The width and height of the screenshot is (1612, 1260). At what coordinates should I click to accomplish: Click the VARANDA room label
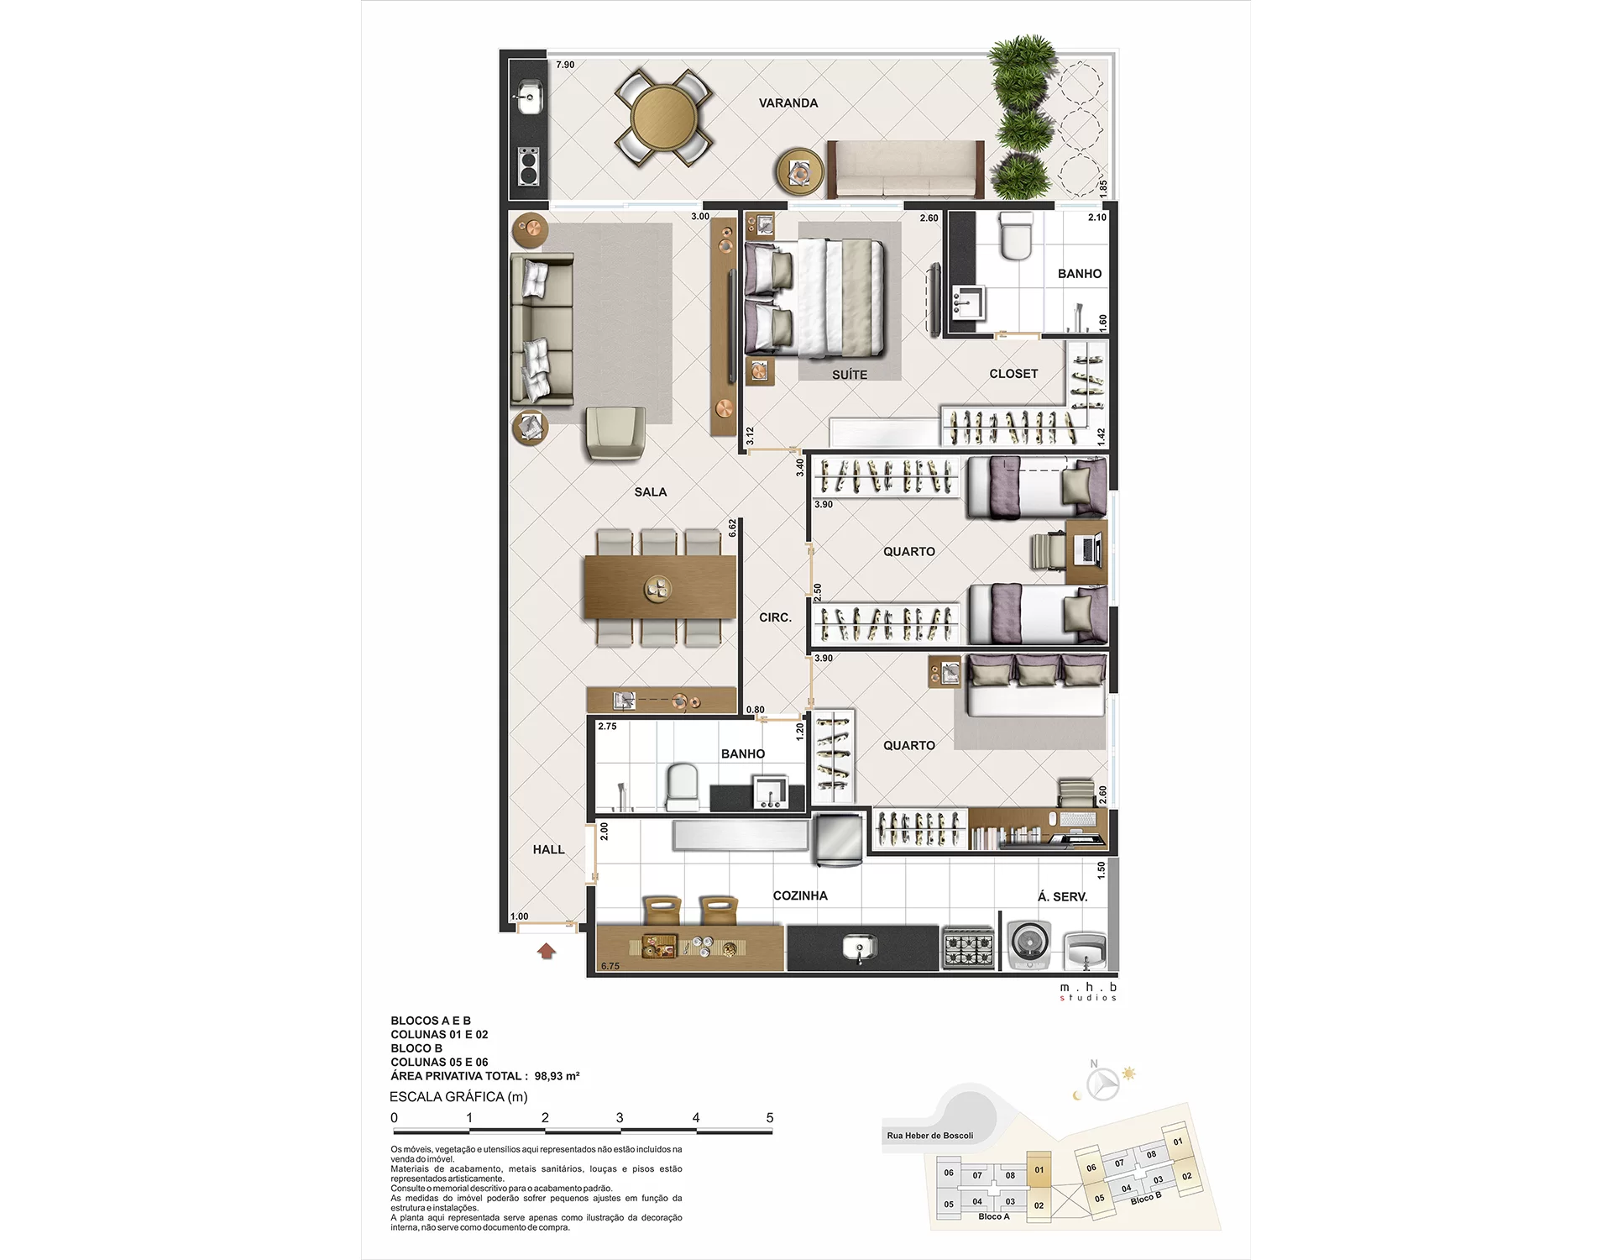pos(788,103)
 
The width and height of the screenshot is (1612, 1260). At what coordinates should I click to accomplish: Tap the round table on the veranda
pos(663,118)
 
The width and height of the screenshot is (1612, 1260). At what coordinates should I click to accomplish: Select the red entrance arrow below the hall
pos(547,951)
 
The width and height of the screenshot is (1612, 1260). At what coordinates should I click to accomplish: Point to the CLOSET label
pos(1013,374)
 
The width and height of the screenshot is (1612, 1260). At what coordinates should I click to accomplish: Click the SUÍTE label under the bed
pos(850,375)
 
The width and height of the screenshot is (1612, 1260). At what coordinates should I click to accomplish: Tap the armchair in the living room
pos(615,433)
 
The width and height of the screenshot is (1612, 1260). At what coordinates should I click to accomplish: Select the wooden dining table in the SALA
pos(660,587)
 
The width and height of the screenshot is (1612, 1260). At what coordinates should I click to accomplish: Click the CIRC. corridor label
pos(775,617)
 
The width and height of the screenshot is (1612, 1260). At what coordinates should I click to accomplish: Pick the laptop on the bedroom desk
pos(1087,550)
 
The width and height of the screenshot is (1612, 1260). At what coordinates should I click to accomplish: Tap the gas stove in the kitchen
pos(968,948)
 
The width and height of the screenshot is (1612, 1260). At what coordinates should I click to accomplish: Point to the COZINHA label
pos(800,896)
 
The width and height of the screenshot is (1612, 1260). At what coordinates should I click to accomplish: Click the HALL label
pos(548,850)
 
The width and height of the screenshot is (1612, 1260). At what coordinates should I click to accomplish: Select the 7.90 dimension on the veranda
pos(565,65)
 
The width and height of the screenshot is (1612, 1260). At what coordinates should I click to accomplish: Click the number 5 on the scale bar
pos(769,1118)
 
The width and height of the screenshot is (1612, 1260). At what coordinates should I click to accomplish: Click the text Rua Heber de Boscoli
pos(929,1136)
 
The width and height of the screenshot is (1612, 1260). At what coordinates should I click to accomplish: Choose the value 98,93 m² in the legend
pos(557,1076)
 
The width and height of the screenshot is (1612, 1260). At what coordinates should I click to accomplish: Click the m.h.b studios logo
pos(1088,992)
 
